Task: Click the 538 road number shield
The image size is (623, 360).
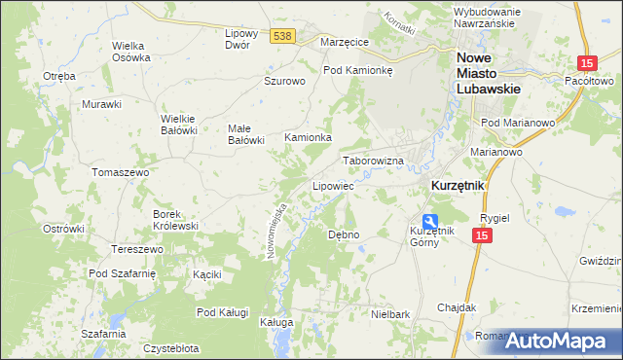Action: (x=282, y=36)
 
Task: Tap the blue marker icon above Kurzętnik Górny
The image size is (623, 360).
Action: (x=429, y=220)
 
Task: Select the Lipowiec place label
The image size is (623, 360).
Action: (x=332, y=185)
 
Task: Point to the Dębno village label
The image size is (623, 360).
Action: (x=344, y=234)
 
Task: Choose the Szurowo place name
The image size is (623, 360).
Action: (x=285, y=82)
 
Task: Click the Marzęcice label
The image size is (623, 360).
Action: (x=343, y=42)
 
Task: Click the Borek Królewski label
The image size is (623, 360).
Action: (x=175, y=219)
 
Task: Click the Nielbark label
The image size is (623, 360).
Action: (x=389, y=314)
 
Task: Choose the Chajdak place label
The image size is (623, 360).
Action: (x=457, y=307)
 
